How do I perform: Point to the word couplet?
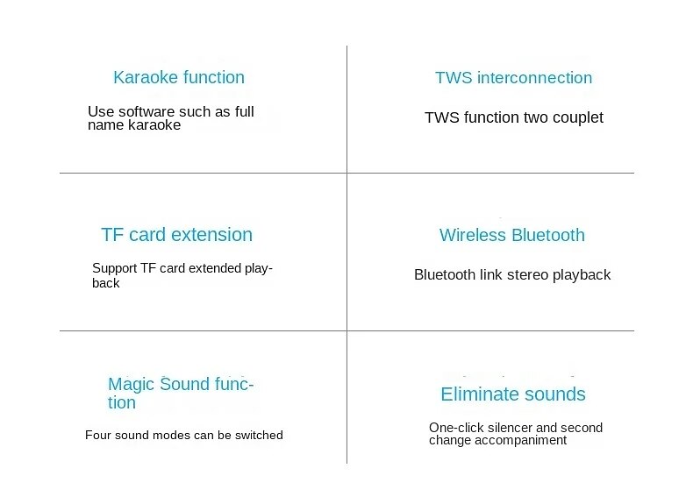(578, 118)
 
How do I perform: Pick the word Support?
(114, 268)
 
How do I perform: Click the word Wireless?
(473, 235)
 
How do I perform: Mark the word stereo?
(528, 274)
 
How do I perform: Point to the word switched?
(259, 435)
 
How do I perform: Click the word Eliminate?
(481, 394)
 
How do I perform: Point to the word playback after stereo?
(582, 275)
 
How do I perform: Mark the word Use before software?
(101, 111)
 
